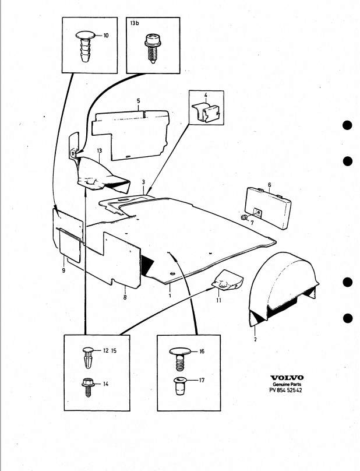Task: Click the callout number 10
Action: pos(106,36)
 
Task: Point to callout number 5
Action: pos(138,101)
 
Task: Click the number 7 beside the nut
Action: pos(252,223)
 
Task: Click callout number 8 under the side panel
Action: pos(125,296)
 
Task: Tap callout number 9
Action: pos(63,270)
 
